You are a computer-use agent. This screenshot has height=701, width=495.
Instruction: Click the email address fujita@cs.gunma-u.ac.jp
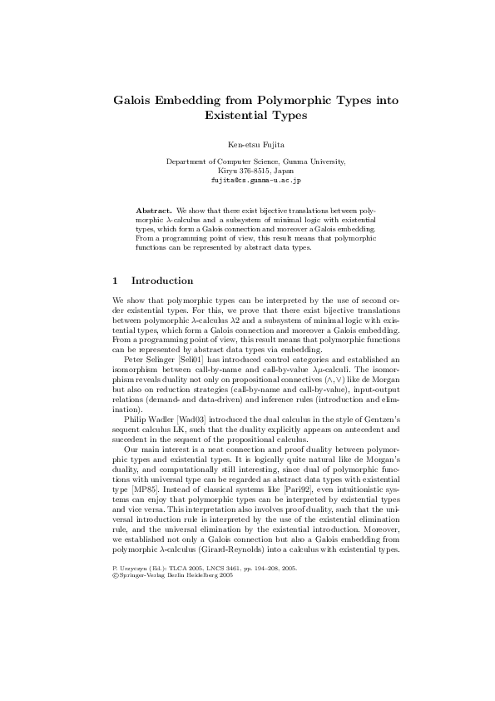[255, 179]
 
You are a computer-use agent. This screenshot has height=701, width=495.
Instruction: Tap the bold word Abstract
[155, 211]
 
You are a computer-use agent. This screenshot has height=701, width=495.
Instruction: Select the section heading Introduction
[162, 281]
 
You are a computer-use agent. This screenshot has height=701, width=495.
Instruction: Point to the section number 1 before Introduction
[115, 281]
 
